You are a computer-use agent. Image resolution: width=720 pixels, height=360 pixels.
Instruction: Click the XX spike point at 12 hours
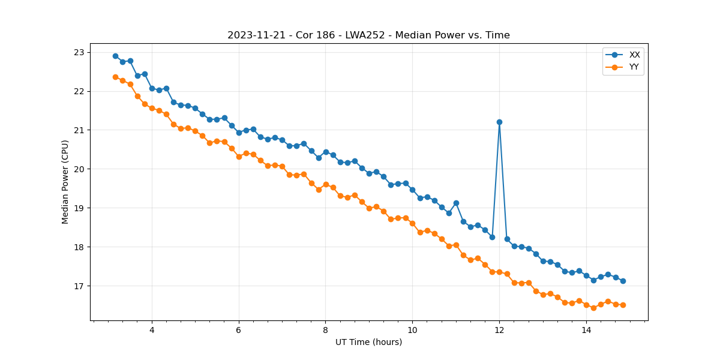(499, 122)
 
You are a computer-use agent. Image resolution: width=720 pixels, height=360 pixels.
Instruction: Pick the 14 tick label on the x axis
(586, 329)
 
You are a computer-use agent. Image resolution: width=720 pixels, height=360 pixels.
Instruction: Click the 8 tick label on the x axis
(325, 329)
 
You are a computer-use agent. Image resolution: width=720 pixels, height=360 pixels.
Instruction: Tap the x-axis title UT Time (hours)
(368, 342)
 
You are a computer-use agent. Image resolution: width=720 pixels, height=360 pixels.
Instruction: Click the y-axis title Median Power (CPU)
(65, 182)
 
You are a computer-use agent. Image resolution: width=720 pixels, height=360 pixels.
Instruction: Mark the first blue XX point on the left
(115, 56)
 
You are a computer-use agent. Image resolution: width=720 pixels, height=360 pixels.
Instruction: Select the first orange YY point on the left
(115, 77)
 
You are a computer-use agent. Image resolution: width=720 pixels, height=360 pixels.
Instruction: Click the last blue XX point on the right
(623, 281)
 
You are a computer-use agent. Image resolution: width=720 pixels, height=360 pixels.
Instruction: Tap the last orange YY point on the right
(623, 305)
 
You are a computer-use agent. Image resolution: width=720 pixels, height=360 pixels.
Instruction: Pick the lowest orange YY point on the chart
(593, 308)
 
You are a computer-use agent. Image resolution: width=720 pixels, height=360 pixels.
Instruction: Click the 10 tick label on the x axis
(412, 329)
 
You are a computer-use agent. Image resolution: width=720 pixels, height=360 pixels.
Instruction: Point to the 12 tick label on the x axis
(499, 329)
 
